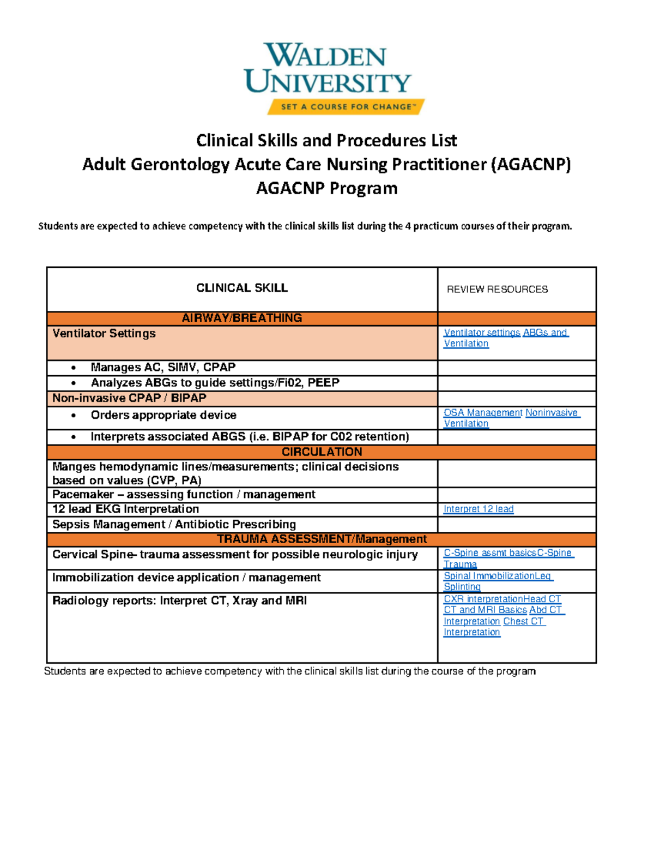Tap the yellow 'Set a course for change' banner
tap(346, 107)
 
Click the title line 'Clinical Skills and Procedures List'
tap(326, 141)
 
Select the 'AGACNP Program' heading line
tap(326, 188)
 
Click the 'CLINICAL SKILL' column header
tap(241, 288)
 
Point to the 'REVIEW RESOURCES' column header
tap(497, 290)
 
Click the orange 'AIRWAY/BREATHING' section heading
tap(241, 318)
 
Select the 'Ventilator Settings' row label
tap(104, 333)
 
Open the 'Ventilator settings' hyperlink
tap(482, 333)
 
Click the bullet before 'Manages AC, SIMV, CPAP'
tap(74, 368)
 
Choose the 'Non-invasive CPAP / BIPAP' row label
tap(129, 398)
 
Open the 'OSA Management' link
tap(483, 413)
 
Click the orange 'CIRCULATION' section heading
tap(322, 452)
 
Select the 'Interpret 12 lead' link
tap(479, 509)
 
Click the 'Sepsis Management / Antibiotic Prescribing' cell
tap(174, 525)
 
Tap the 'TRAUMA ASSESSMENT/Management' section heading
tap(322, 539)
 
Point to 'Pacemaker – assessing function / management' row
tap(184, 495)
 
